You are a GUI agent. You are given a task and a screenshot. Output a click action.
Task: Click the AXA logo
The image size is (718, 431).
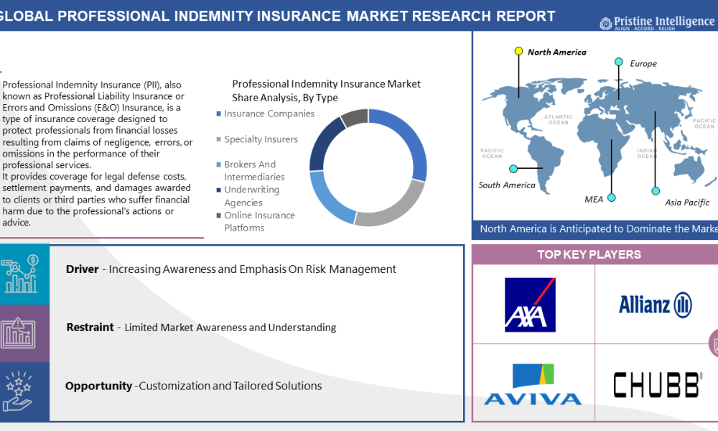tap(530, 305)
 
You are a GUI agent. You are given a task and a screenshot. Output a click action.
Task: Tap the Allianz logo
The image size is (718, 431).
tap(655, 305)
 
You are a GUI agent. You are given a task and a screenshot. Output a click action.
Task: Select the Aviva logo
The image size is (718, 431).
tap(532, 385)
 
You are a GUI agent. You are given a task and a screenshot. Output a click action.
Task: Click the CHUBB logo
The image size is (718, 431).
tap(656, 385)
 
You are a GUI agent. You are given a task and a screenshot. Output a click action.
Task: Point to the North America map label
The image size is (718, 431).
tap(556, 52)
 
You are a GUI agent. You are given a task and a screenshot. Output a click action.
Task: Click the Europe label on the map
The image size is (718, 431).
tap(643, 64)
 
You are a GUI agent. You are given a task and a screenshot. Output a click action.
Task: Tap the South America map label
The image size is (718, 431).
tap(507, 185)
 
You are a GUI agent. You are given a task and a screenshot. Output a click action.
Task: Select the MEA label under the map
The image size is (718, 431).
tap(594, 199)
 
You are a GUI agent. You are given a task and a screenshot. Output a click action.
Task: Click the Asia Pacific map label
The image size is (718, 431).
tap(686, 203)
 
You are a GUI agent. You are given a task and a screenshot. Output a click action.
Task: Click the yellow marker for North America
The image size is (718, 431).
tap(518, 51)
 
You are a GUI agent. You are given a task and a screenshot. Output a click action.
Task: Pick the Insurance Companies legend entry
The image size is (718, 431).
tap(269, 113)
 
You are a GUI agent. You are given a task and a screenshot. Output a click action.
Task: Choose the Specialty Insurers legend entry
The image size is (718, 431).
tap(261, 139)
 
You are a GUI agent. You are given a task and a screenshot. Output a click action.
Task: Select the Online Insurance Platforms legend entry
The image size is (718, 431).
tap(259, 221)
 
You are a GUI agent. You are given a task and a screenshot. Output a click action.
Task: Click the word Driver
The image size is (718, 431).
tap(82, 269)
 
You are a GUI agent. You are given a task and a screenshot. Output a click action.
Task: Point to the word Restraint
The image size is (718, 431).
tap(90, 328)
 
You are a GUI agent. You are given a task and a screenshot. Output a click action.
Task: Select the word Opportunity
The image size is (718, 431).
tap(98, 386)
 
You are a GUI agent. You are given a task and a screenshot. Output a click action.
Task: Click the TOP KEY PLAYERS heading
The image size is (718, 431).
tap(589, 254)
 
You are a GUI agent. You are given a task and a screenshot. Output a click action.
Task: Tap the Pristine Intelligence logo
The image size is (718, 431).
tap(656, 23)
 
